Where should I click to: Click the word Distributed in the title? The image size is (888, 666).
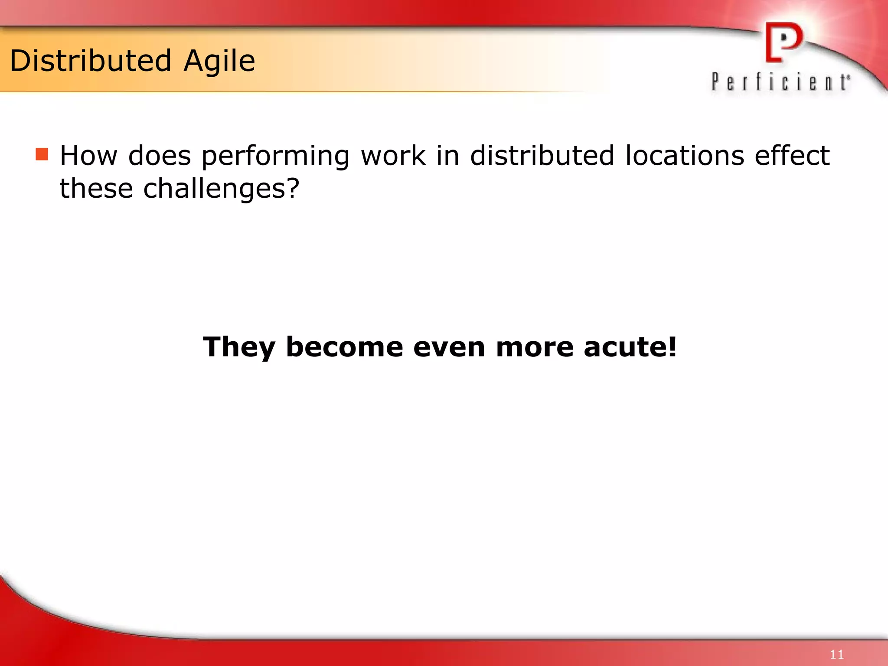point(91,61)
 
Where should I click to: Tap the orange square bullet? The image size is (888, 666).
point(42,154)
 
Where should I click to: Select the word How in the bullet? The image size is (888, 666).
point(88,156)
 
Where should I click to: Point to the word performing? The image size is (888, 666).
point(276,157)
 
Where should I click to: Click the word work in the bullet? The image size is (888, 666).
point(393,156)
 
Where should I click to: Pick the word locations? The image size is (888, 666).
point(685,156)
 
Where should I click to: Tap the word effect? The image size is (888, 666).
point(792,156)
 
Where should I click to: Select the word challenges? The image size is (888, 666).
point(221,189)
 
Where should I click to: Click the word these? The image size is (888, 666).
point(96,189)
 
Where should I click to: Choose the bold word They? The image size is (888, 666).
point(239,347)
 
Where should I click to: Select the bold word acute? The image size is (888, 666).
point(630,347)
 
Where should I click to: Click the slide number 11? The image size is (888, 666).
point(836,654)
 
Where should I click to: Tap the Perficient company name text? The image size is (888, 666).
point(780,82)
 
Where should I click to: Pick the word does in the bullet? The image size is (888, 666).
point(160,156)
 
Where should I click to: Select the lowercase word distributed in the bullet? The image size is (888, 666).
point(542,156)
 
